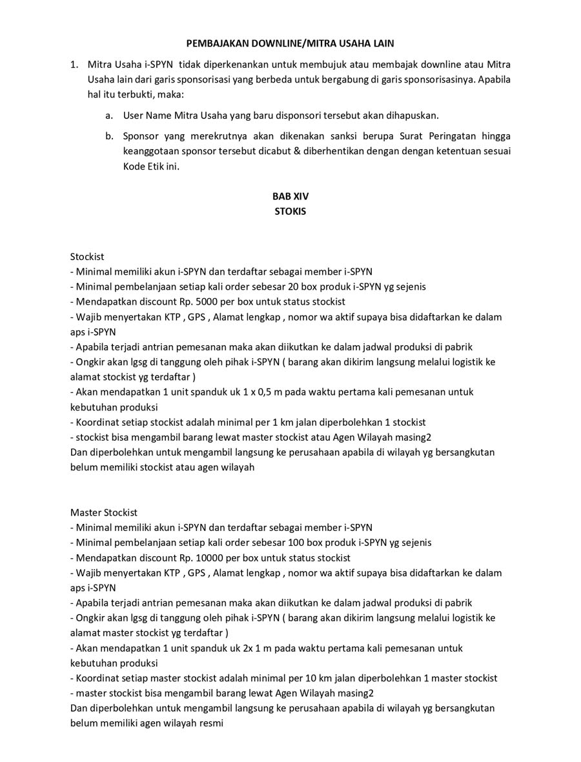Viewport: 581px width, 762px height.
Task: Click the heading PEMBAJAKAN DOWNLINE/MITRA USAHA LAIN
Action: pos(290,43)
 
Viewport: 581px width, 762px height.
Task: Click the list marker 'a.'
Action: pos(110,115)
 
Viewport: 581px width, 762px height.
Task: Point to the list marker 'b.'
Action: pos(110,136)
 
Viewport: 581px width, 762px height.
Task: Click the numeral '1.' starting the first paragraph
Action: pos(75,65)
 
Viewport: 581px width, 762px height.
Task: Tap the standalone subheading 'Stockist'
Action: pos(87,257)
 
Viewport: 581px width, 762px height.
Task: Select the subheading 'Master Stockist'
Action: pos(104,512)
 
